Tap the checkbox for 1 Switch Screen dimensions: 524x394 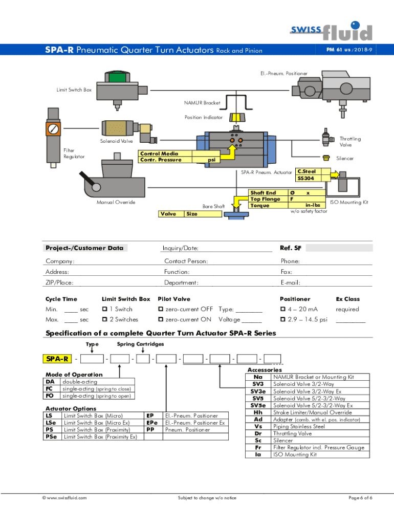point(104,309)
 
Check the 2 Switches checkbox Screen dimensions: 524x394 point(104,320)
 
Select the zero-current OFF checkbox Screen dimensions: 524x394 point(160,309)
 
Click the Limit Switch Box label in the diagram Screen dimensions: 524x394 point(74,90)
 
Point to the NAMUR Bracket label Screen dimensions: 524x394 point(202,103)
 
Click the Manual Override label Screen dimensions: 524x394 point(116,202)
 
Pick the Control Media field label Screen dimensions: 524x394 point(159,154)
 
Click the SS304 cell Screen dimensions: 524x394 point(307,178)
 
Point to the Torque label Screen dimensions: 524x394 point(260,205)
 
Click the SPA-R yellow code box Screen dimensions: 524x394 point(58,358)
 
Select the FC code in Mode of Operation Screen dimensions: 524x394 point(50,389)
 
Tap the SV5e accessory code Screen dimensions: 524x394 point(258,405)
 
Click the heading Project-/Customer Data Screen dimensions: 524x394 point(84,248)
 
